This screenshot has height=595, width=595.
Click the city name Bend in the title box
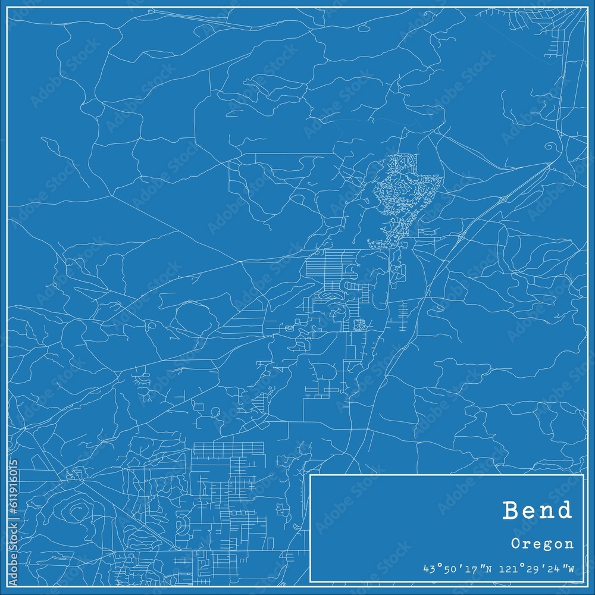click(537, 511)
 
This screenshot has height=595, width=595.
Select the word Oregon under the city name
click(542, 543)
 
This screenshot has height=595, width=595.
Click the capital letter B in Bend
click(512, 511)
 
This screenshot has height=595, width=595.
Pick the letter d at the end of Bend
click(563, 511)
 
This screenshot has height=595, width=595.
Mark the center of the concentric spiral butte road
click(78, 508)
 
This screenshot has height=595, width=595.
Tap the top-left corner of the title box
click(310, 474)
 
